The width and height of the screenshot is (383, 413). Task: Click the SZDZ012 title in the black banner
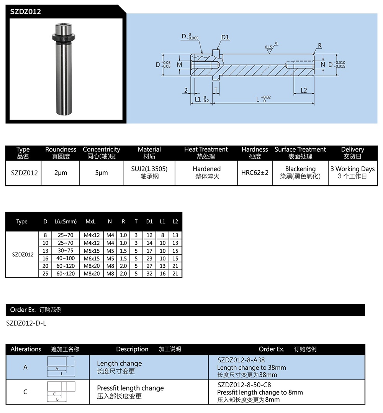26,12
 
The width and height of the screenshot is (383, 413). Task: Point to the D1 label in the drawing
225,37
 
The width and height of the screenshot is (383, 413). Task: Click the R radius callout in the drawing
319,46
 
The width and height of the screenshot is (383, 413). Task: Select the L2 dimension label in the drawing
304,90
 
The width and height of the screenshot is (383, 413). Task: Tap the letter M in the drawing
180,65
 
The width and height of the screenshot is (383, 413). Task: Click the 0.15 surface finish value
268,48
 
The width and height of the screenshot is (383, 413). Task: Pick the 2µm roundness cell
61,173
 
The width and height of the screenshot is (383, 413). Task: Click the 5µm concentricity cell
101,173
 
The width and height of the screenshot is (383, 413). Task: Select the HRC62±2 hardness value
255,173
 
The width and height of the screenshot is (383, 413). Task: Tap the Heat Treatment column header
206,153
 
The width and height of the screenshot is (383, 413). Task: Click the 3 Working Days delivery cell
352,173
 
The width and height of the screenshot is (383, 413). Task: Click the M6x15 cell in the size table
92,258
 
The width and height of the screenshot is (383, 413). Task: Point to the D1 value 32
149,274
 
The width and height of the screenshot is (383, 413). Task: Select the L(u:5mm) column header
65,222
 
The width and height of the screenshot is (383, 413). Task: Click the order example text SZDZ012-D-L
26,323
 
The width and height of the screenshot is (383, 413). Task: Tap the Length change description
119,364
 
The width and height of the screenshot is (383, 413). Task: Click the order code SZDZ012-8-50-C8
244,385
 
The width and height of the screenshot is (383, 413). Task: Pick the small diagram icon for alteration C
61,392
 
